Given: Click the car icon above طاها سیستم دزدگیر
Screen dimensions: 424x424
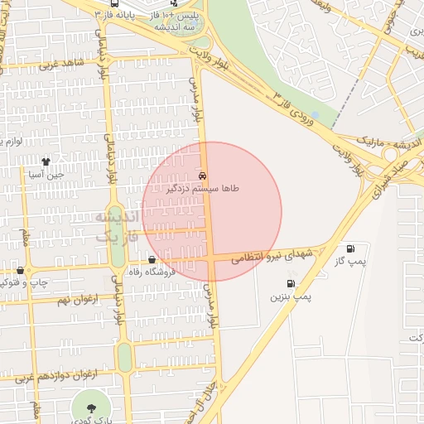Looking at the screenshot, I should pyautogui.click(x=203, y=176).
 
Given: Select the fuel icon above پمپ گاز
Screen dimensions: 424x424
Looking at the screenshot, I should pyautogui.click(x=351, y=248).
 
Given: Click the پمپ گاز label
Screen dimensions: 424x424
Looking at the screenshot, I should pyautogui.click(x=351, y=262).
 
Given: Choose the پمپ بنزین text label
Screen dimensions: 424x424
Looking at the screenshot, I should pyautogui.click(x=289, y=296).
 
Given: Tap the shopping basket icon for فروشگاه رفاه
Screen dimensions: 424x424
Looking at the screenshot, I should pyautogui.click(x=151, y=260).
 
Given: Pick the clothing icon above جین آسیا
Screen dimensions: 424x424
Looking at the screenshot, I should pyautogui.click(x=46, y=161).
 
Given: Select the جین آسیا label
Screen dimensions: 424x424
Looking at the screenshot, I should pyautogui.click(x=46, y=175).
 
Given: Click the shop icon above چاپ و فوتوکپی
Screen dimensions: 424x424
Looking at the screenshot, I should pyautogui.click(x=20, y=270).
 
